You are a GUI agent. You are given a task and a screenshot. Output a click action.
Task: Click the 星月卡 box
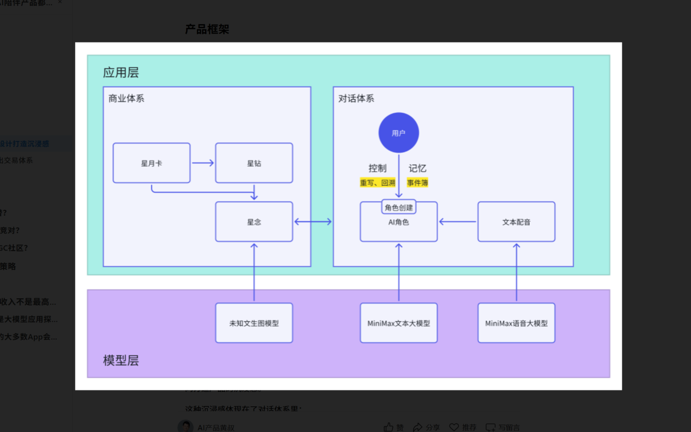(x=151, y=163)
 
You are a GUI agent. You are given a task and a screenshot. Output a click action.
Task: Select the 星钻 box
(x=254, y=163)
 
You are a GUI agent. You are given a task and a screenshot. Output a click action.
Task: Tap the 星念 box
(x=254, y=222)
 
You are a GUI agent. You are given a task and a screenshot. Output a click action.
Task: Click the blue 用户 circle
(x=398, y=133)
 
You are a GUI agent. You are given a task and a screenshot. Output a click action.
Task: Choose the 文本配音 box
(x=516, y=222)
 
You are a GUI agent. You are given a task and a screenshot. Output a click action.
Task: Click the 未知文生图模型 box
(x=254, y=323)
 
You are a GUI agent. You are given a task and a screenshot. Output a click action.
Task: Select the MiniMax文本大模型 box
(x=398, y=323)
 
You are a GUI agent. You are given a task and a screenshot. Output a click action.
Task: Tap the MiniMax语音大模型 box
(x=516, y=323)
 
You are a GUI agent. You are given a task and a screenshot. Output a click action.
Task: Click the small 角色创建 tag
(x=398, y=207)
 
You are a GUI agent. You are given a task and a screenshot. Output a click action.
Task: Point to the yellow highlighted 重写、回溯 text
(x=377, y=183)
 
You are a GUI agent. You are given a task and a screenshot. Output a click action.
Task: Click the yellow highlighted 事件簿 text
(x=417, y=183)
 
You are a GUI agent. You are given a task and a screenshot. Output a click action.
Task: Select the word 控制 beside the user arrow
(x=377, y=168)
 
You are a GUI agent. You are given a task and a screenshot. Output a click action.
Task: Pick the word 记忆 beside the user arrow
(x=417, y=168)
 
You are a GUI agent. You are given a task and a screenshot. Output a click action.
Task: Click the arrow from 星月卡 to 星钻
(x=203, y=163)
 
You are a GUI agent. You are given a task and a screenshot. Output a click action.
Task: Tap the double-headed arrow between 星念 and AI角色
(x=313, y=222)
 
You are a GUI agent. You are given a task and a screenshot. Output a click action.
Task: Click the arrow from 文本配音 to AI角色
(x=458, y=221)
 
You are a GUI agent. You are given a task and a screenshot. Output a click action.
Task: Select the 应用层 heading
(x=121, y=72)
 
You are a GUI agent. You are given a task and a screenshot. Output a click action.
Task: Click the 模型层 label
(x=121, y=360)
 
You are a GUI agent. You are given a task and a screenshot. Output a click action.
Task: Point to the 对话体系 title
(x=356, y=98)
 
